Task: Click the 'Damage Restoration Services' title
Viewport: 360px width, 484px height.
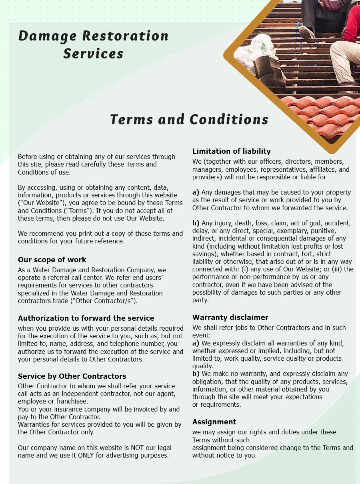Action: coord(93,44)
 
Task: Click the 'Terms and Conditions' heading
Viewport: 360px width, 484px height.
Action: coord(189,119)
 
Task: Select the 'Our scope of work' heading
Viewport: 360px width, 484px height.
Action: coord(52,259)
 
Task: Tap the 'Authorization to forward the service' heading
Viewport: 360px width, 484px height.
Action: coord(86,318)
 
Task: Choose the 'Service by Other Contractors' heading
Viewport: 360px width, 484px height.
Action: coord(72,376)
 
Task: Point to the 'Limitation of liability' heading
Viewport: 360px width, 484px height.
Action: coord(232,151)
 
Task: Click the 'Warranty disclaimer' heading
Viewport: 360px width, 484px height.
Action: coord(230,317)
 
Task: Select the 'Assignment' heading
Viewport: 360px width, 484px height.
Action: coord(214,422)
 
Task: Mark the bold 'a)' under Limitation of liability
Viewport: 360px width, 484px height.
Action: coord(196,192)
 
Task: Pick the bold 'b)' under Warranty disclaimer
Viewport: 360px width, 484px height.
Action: coord(196,374)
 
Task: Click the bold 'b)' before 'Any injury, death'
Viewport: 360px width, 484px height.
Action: coord(196,223)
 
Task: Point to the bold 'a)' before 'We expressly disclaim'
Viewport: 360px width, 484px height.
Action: coord(196,343)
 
